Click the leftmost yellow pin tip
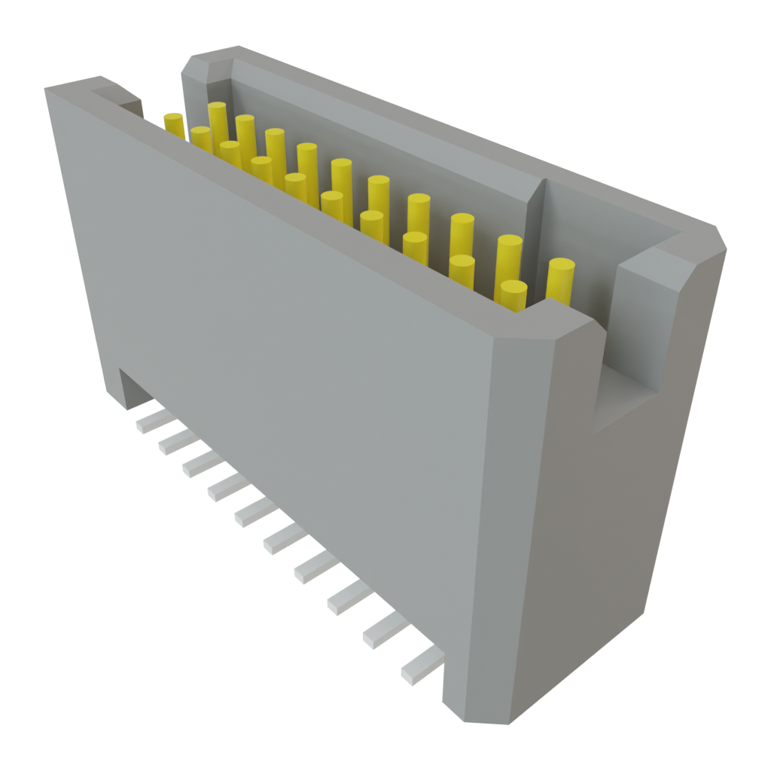click(x=173, y=119)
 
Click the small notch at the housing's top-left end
click(x=120, y=98)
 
